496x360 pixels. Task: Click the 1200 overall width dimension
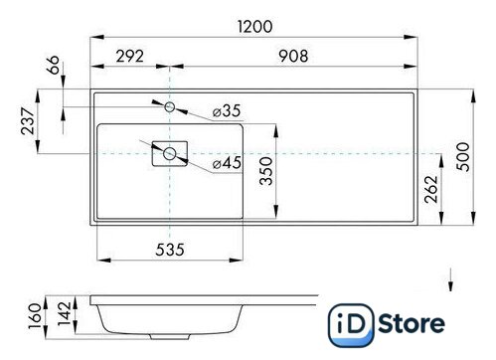point(255,27)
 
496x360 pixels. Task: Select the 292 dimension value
point(130,57)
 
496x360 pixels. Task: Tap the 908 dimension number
point(293,56)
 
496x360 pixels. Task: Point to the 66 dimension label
point(54,65)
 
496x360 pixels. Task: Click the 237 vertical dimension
point(28,120)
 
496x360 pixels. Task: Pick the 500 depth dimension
point(463,157)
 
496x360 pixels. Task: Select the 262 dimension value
point(430,189)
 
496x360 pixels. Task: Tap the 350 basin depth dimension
point(266,171)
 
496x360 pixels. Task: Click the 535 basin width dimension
point(170,250)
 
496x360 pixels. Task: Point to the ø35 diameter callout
point(227,110)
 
